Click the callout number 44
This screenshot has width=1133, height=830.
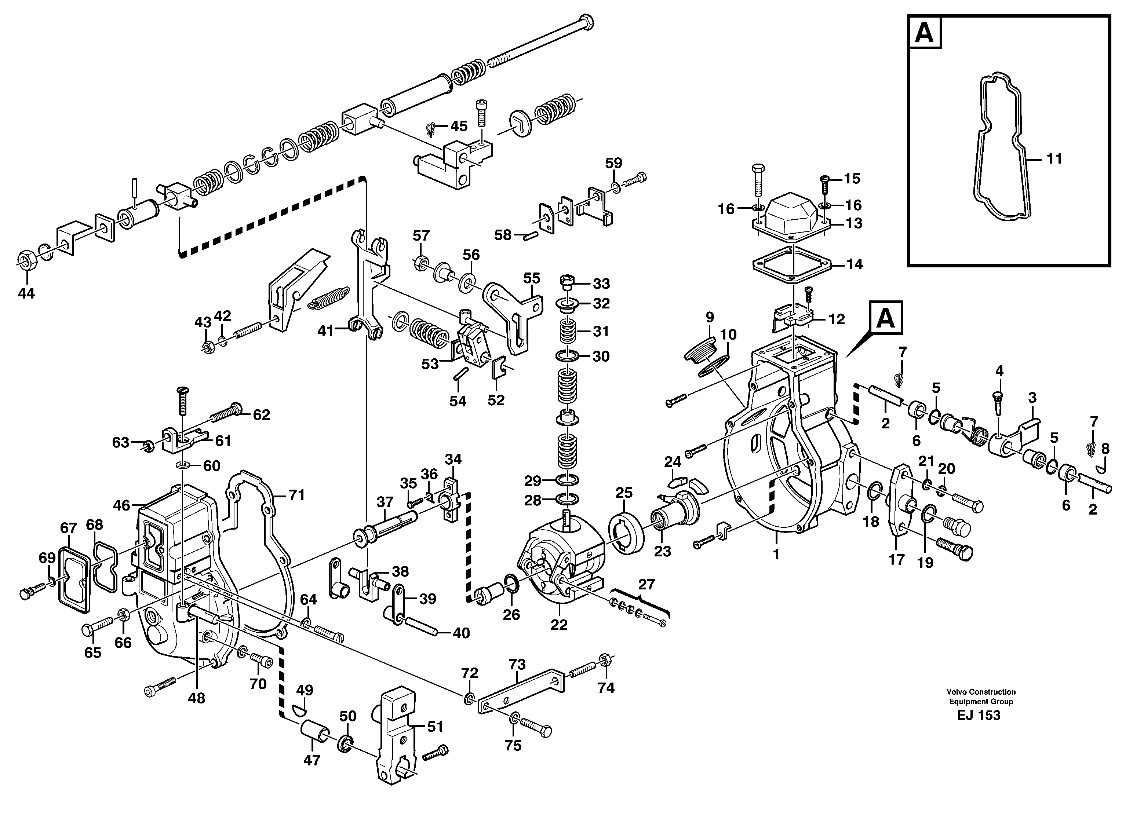(x=26, y=293)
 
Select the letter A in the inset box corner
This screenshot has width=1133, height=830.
(x=924, y=33)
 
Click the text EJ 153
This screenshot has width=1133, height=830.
(x=978, y=716)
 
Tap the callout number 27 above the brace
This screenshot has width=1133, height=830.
(x=646, y=584)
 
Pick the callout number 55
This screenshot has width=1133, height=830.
(x=531, y=278)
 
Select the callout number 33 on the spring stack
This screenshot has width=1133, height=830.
(x=601, y=284)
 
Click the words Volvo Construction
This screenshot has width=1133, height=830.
(x=981, y=692)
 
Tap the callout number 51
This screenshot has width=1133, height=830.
(x=435, y=727)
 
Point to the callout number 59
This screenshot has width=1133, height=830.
(x=613, y=163)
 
